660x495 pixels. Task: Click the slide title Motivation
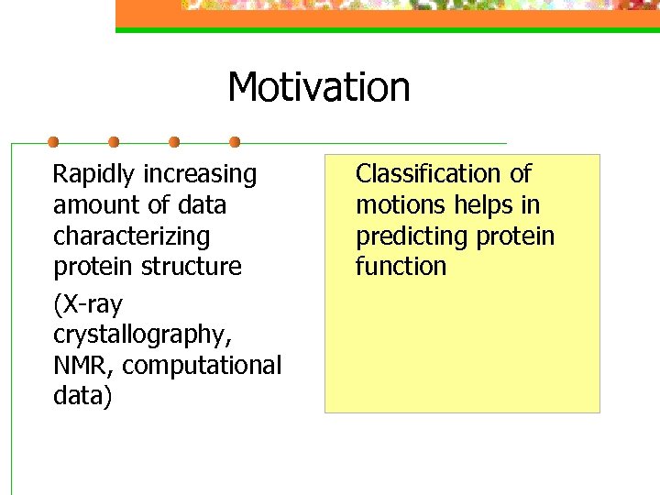(x=318, y=88)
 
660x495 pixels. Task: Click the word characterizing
(x=131, y=236)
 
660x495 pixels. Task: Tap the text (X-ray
(x=88, y=304)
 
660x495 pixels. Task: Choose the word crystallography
(x=141, y=335)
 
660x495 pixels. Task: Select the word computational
(x=202, y=366)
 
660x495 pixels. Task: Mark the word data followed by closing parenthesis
(x=82, y=397)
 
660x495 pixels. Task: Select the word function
(x=401, y=267)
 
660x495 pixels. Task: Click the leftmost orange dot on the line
(x=53, y=142)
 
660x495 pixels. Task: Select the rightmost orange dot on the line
(x=235, y=142)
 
